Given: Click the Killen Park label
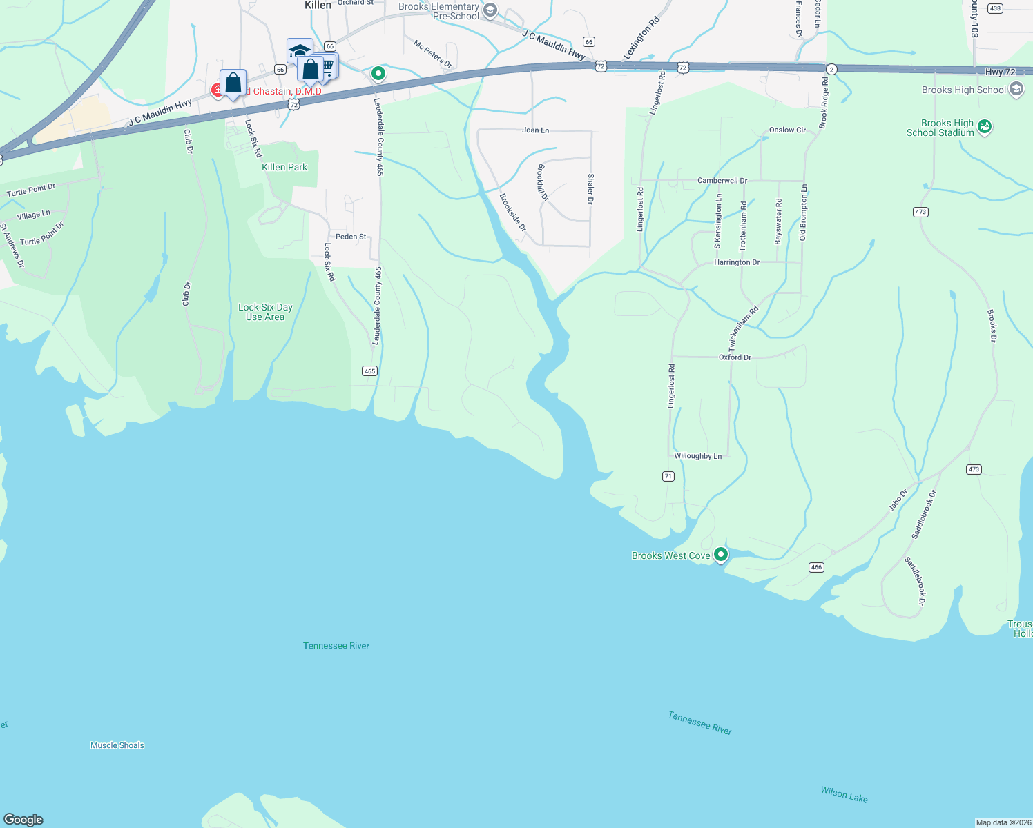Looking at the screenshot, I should tap(284, 167).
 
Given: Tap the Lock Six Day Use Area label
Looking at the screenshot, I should tap(265, 312).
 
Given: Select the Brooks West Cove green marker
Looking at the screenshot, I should tap(721, 554).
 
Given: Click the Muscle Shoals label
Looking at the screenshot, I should tap(117, 745).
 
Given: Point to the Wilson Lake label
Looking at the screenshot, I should tap(844, 794).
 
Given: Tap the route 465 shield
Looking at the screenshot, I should tap(369, 371).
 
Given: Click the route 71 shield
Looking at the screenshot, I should tap(668, 476).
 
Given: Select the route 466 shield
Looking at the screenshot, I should tap(816, 567).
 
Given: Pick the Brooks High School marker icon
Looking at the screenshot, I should tap(1016, 89).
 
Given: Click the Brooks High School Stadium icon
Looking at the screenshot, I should tap(985, 127).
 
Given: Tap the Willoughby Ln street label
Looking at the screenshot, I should tap(697, 456).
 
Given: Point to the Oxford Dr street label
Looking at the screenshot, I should tap(735, 357).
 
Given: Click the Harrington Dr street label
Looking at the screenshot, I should tap(736, 262).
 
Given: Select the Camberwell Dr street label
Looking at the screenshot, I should tap(722, 181).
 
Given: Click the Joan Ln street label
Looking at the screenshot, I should tap(535, 130).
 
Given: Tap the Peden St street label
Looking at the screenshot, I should tap(351, 237).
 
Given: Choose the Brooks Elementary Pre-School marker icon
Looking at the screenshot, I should tap(490, 10).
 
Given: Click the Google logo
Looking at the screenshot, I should tap(23, 820).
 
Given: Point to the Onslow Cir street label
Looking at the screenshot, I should tap(787, 130).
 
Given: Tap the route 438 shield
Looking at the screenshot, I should tap(994, 8).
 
